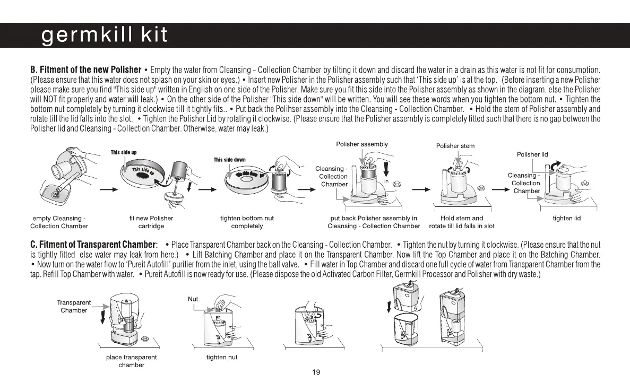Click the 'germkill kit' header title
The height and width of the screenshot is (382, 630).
click(x=105, y=35)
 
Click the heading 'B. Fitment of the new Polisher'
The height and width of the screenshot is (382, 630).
click(x=85, y=70)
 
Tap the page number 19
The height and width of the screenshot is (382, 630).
click(x=316, y=372)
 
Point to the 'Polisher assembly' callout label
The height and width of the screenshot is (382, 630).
click(x=362, y=144)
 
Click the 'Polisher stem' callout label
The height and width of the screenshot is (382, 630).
click(x=455, y=146)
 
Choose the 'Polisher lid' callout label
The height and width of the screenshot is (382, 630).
click(x=532, y=154)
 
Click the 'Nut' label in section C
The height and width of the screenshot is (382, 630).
click(x=193, y=299)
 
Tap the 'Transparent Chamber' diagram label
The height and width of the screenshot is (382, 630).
click(x=74, y=306)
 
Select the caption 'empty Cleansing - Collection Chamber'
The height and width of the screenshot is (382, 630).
click(x=59, y=222)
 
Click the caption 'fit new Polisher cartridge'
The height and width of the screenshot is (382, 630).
click(x=151, y=222)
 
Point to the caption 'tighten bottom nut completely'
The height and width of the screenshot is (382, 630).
click(x=247, y=222)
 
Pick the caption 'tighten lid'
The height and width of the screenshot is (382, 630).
click(x=567, y=219)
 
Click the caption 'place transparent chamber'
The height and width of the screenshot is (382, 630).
click(x=131, y=361)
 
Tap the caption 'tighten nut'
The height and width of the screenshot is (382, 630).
click(x=222, y=357)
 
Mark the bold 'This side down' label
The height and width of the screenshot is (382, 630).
click(x=229, y=160)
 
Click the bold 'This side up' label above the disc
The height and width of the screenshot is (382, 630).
click(x=124, y=152)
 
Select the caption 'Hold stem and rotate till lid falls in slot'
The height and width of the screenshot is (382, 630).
click(x=462, y=222)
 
